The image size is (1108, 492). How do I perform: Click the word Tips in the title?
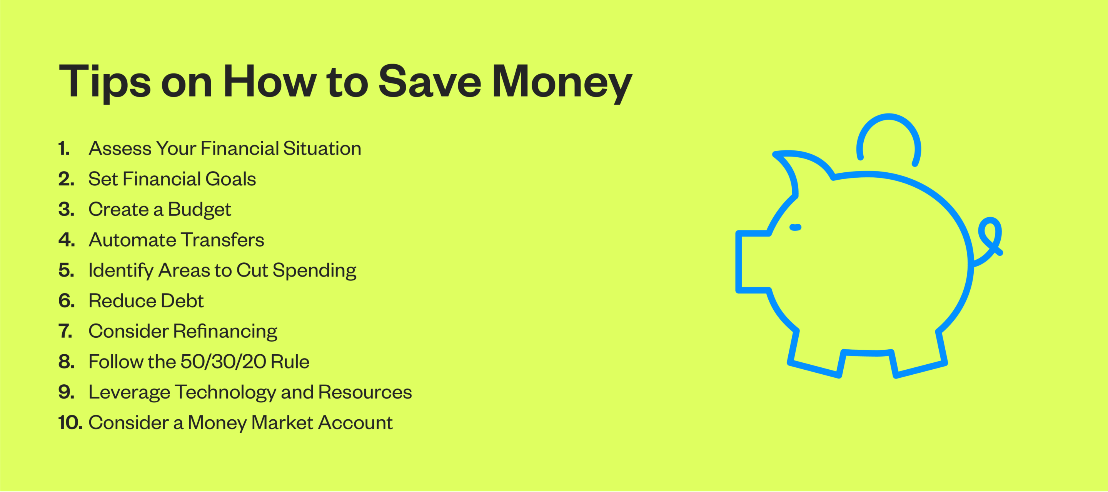[x=105, y=82]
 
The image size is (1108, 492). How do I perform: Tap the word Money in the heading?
[x=562, y=82]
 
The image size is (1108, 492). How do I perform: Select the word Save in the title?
[x=430, y=82]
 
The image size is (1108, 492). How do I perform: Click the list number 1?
[x=63, y=148]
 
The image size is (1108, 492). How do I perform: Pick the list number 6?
[x=66, y=300]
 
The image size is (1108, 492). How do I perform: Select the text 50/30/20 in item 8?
[x=223, y=362]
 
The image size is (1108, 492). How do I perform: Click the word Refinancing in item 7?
[x=225, y=332]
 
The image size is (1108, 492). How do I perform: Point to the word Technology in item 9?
[x=225, y=392]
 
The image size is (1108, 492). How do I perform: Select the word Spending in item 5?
[x=314, y=270]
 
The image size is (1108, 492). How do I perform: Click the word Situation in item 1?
[x=322, y=148]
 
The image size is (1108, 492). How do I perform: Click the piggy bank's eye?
[x=795, y=227]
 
